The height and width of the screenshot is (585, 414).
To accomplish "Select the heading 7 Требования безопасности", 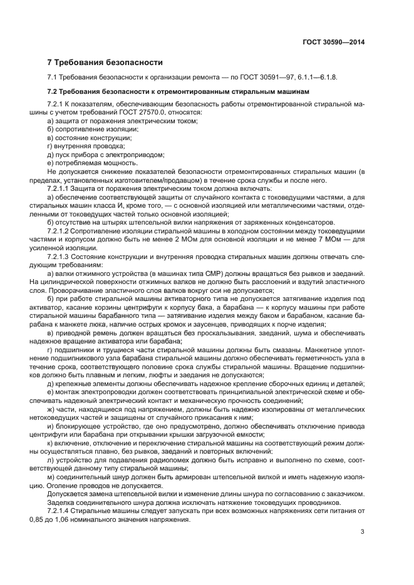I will coord(105,63).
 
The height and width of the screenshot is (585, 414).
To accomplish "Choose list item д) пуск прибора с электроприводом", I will coord(106,154).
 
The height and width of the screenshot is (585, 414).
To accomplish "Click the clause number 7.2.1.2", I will coord(61,230).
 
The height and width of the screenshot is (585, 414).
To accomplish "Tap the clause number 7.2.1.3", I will coord(61,255).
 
